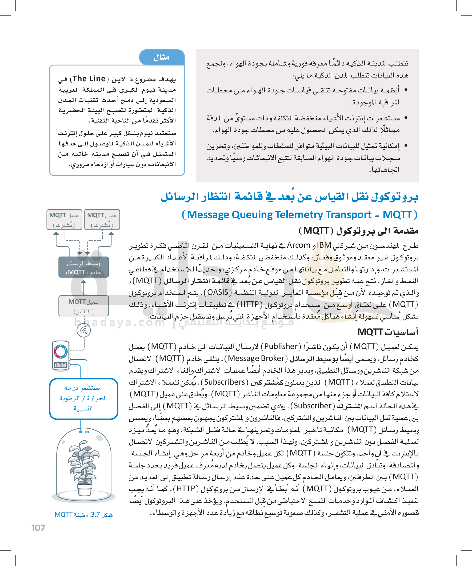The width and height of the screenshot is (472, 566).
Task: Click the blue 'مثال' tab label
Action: (x=162, y=57)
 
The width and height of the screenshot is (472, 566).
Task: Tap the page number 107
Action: (x=38, y=527)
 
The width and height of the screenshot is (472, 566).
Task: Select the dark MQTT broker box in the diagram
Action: (x=84, y=267)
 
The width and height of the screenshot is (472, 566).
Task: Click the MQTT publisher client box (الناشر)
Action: (x=84, y=306)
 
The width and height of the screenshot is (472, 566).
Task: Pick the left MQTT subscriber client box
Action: (x=64, y=219)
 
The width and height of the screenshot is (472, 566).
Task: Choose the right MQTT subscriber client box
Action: (x=102, y=219)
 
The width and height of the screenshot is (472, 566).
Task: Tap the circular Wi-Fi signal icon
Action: (x=84, y=330)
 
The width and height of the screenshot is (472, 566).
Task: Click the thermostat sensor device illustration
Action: (x=61, y=356)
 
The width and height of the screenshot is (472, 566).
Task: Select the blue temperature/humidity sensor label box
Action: (x=84, y=398)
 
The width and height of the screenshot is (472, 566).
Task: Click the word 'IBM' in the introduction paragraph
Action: (x=324, y=245)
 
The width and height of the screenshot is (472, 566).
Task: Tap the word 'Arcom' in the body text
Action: (x=298, y=245)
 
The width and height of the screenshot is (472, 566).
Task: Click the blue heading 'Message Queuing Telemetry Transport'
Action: (x=279, y=214)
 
